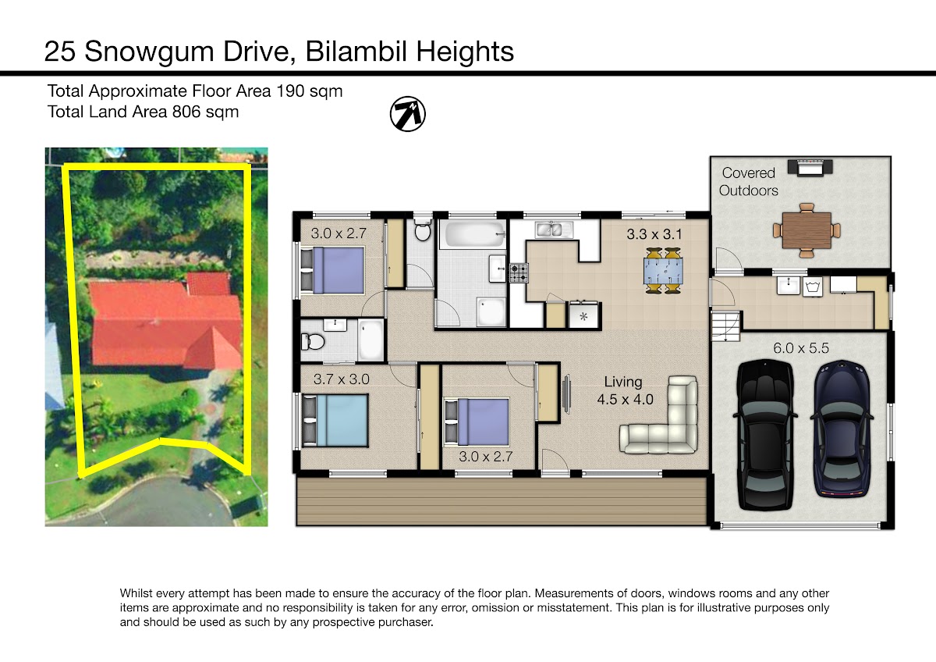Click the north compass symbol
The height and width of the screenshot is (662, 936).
pos(408,114)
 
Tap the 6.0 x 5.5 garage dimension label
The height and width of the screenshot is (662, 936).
pos(800,348)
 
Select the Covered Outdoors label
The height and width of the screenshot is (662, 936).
pos(748,181)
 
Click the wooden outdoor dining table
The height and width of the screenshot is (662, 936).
pos(807,230)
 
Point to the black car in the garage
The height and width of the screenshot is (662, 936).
pos(764,435)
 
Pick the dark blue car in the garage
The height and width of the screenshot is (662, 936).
pos(842,429)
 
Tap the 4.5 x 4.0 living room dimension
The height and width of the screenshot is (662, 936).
pos(625,400)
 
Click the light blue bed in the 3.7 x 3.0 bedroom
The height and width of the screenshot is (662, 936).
pos(335,421)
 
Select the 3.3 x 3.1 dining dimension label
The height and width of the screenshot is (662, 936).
pos(654,234)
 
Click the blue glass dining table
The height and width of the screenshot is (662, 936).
pos(664,271)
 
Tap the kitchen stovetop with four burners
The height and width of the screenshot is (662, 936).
pos(519,272)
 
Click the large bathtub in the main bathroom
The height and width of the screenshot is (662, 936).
pos(476,233)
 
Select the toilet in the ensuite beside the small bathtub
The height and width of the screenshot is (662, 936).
pos(313,342)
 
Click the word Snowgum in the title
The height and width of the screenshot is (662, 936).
pos(150,52)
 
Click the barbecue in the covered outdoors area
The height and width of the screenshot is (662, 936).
pos(810,167)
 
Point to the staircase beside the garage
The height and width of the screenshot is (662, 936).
pos(725,327)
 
